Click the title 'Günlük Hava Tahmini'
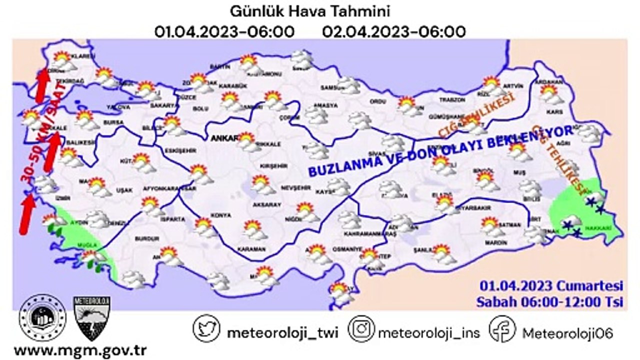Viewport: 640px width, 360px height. (x=309, y=11)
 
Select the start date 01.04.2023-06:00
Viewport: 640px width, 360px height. (x=224, y=32)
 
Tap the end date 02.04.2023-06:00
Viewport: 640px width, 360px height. (x=394, y=32)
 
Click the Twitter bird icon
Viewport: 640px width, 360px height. (x=206, y=328)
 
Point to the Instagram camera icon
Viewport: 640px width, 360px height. (x=361, y=328)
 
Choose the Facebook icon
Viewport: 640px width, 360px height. (x=502, y=328)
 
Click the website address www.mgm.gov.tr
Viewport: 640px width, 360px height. (x=76, y=348)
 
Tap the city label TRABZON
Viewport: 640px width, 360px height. (x=452, y=100)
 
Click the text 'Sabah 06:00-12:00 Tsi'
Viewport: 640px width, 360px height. (x=549, y=302)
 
